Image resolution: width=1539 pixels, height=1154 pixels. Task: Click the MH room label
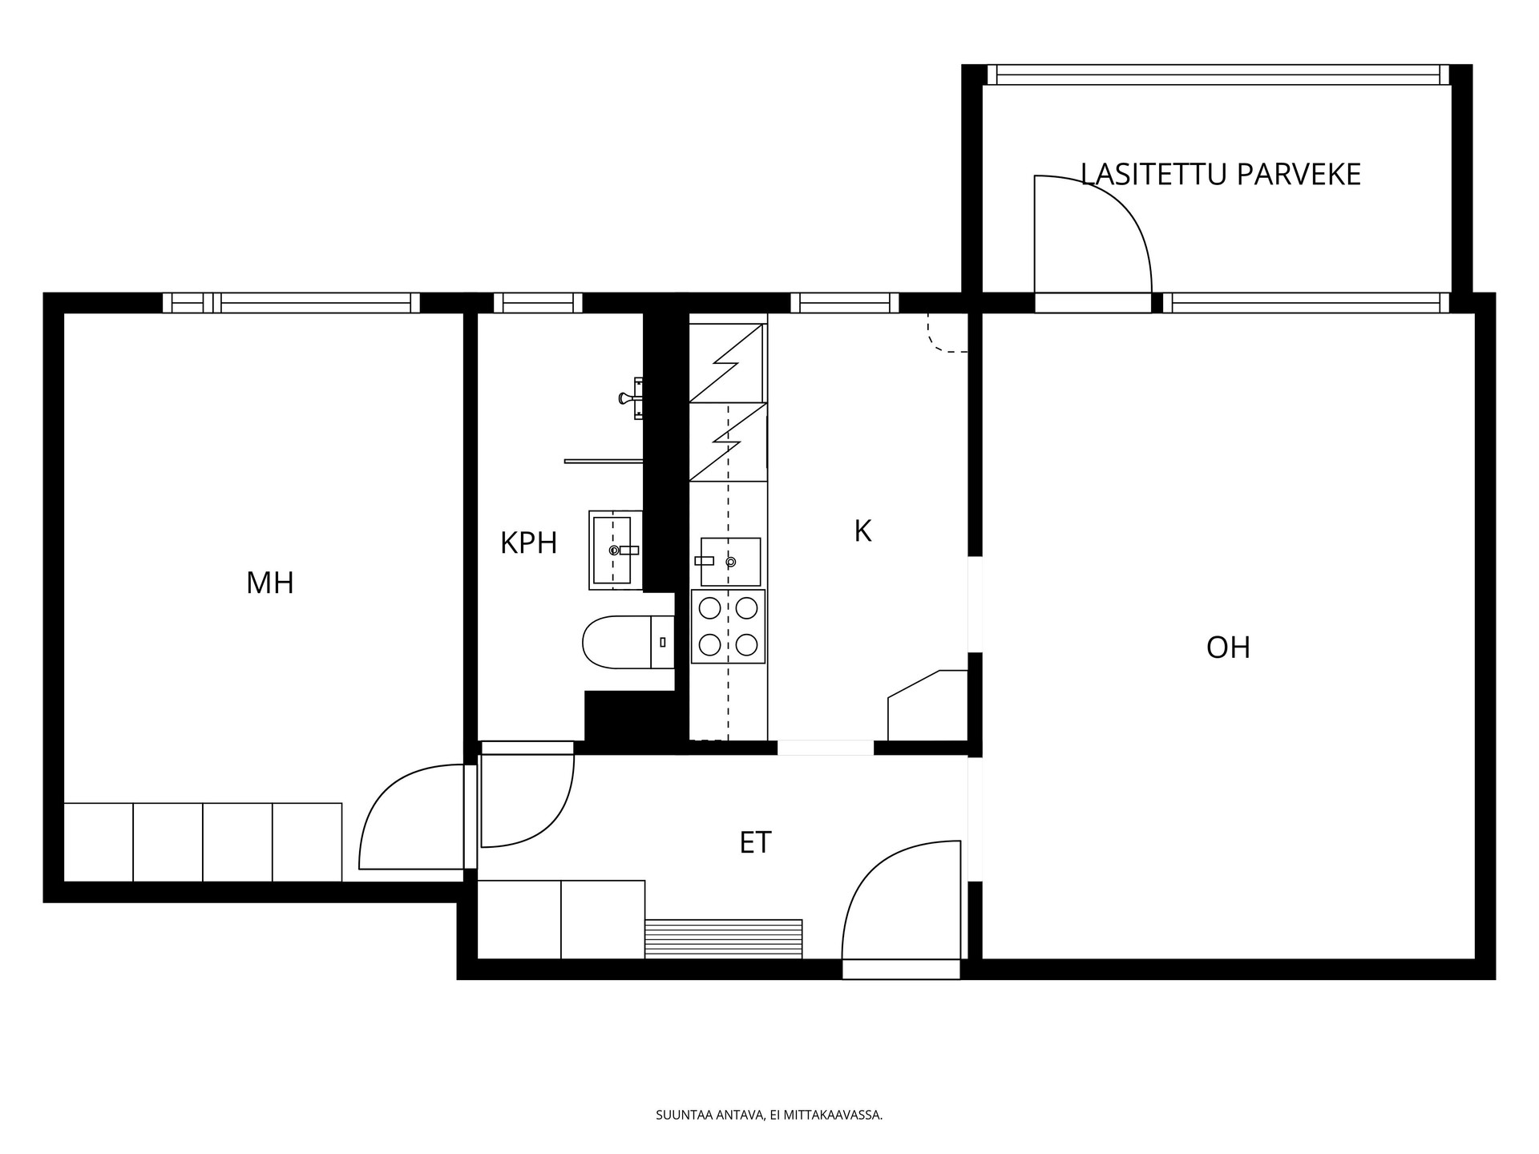tap(270, 583)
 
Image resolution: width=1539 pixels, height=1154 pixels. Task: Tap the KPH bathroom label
tap(528, 543)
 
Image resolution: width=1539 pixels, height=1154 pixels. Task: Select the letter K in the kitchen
tap(862, 531)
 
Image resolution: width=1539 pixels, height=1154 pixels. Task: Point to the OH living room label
tap(1228, 648)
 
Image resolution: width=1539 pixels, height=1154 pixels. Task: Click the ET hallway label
tap(755, 842)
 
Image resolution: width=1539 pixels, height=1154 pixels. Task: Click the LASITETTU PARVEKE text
tap(1221, 174)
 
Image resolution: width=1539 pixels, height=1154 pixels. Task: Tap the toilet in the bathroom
tap(628, 642)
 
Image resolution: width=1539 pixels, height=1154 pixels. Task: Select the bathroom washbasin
tap(616, 550)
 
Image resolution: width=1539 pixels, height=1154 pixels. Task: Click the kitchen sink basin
tap(730, 562)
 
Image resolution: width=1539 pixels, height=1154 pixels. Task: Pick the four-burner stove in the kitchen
tap(728, 627)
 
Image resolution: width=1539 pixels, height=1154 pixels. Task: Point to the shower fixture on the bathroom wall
tap(632, 397)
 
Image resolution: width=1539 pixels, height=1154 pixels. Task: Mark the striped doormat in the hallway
tap(724, 938)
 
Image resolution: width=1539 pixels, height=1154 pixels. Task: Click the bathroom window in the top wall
tap(538, 303)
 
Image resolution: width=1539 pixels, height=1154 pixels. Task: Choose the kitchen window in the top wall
tap(845, 303)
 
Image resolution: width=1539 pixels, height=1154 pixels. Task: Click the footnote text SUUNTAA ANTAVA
tap(709, 1115)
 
